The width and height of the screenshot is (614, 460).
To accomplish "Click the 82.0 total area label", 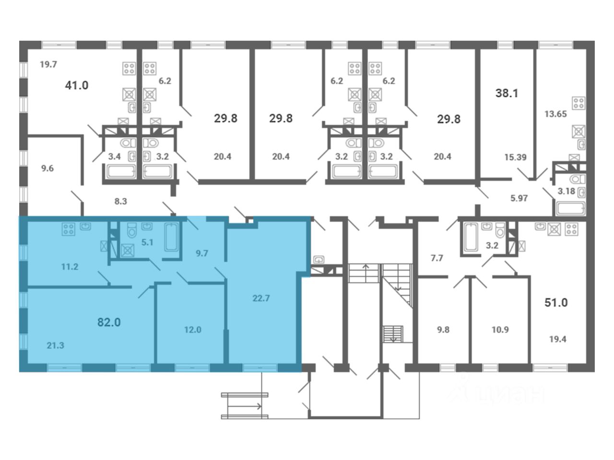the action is tap(109, 322).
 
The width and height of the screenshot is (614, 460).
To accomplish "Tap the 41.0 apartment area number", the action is tap(77, 85).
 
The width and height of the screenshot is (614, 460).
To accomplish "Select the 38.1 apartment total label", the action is tap(507, 93).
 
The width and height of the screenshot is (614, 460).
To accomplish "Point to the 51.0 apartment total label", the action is tap(556, 302).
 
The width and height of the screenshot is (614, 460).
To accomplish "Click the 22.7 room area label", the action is tap(261, 299).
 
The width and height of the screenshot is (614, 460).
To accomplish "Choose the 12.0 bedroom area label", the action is tap(193, 330).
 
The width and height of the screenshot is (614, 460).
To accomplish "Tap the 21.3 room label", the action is tap(55, 345).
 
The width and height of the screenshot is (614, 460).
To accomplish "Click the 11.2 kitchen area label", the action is tap(70, 267).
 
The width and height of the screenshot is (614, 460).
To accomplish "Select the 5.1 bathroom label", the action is tap(147, 242).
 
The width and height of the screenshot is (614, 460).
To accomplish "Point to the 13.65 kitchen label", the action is tap(555, 114).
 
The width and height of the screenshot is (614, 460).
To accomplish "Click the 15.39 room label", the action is tap(516, 157).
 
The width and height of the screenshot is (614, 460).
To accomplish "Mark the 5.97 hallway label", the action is tap(519, 198).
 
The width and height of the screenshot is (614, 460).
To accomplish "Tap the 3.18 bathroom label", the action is tap(567, 191).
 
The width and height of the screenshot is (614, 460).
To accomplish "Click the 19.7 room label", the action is tap(48, 65).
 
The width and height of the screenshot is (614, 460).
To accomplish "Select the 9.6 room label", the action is tap(47, 168).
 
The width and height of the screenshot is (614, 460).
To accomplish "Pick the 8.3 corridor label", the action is tap(120, 201).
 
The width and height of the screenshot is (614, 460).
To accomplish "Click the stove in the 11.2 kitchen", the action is tap(69, 229).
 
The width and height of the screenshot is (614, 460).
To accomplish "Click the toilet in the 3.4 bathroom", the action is tap(128, 143).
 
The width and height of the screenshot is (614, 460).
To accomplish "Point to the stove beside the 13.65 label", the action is tap(579, 103).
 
